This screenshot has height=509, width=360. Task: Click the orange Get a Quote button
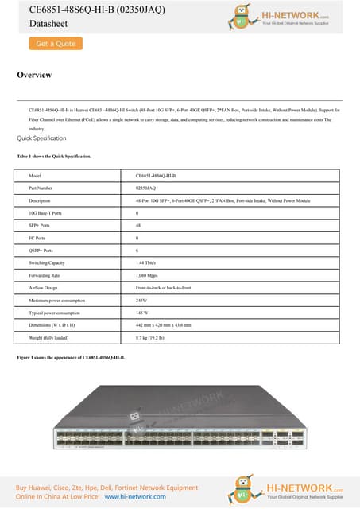coord(56,44)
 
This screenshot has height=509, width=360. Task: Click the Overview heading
coord(34,75)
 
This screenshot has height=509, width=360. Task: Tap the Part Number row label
coord(41,188)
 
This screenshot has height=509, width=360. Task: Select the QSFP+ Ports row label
coord(40,250)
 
